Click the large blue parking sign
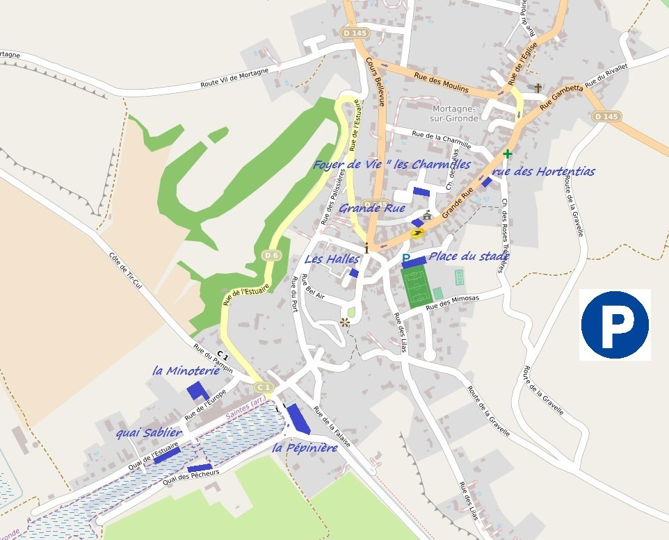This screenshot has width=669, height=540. pyautogui.click(x=615, y=325)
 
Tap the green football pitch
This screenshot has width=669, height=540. pyautogui.click(x=417, y=286)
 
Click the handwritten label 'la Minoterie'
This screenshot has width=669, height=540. pyautogui.click(x=186, y=371)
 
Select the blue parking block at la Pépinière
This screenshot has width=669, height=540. pyautogui.click(x=298, y=418)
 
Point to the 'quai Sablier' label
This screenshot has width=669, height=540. pyautogui.click(x=149, y=433)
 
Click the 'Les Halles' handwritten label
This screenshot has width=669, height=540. pyautogui.click(x=332, y=259)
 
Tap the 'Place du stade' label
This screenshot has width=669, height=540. pyautogui.click(x=469, y=256)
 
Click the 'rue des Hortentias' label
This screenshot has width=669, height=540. pyautogui.click(x=543, y=171)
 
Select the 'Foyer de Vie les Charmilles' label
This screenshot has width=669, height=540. pyautogui.click(x=393, y=165)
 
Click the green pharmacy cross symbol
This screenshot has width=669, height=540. pyautogui.click(x=508, y=154)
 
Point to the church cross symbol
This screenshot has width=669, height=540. pyautogui.click(x=538, y=88)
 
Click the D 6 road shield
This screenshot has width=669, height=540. pyautogui.click(x=271, y=255)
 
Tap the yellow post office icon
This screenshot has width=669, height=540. pyautogui.click(x=417, y=233)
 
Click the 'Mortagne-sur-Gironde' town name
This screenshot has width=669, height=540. pyautogui.click(x=455, y=113)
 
